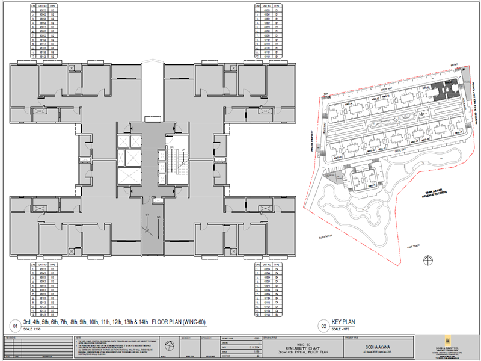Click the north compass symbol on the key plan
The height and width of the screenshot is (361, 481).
coord(427,260)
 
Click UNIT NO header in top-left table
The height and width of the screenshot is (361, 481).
coord(43,5)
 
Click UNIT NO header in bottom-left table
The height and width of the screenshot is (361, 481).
coord(43,263)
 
